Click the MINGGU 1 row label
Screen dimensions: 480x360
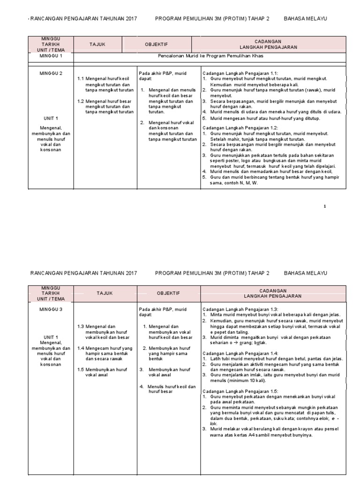[51, 56]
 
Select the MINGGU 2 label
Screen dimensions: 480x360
[51, 73]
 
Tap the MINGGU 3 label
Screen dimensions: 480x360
[51, 309]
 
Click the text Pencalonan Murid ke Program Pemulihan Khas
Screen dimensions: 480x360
[210, 56]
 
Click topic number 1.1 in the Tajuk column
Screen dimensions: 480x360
[81, 79]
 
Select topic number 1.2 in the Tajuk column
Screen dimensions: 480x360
[81, 101]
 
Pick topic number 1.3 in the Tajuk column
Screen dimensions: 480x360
[81, 326]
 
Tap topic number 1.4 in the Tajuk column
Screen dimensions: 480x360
[81, 348]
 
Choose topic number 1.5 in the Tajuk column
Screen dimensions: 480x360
[81, 370]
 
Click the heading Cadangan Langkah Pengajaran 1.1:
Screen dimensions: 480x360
[240, 73]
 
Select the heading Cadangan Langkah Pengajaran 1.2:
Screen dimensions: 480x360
[240, 127]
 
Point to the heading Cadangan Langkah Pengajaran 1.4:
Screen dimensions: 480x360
[240, 353]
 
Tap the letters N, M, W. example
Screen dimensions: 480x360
[248, 183]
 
